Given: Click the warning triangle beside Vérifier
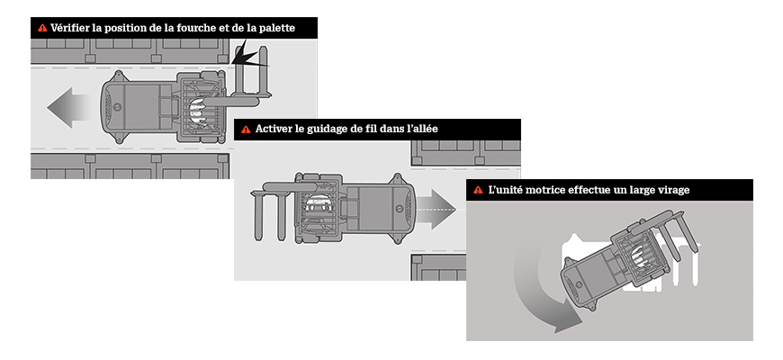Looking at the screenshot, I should [x=41, y=29].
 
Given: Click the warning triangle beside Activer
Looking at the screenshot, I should [x=245, y=130].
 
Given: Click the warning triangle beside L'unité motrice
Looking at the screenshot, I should [x=478, y=191].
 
